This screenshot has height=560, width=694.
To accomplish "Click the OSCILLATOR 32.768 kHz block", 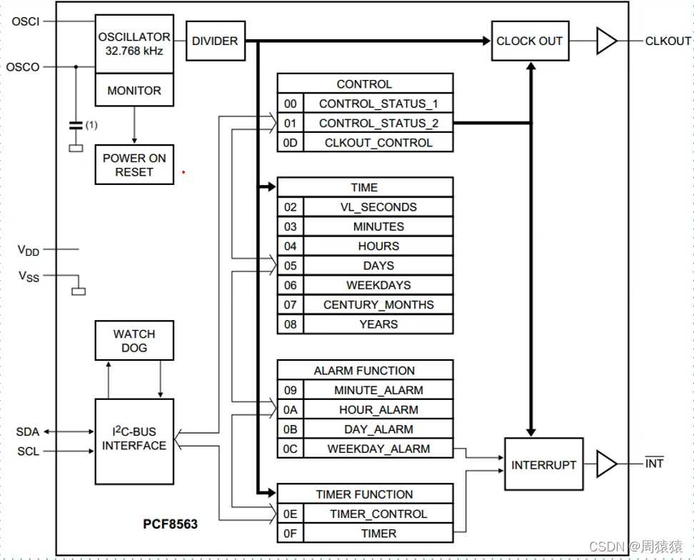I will (134, 44).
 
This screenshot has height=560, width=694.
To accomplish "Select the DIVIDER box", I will (215, 41).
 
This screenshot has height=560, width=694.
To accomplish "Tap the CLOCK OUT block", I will (529, 41).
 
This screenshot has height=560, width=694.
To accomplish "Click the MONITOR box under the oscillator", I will (134, 91).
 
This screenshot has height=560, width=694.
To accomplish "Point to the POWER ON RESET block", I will (134, 165).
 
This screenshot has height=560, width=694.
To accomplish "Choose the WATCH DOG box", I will (134, 340).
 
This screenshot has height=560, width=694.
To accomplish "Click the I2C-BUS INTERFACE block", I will (134, 439).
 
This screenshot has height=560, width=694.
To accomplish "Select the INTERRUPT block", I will (543, 464).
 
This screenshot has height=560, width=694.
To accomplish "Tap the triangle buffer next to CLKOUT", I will (605, 41).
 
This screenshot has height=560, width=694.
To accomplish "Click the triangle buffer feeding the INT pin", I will (605, 464).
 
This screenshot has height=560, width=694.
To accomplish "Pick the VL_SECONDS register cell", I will (378, 207).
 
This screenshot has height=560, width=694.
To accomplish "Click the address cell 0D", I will (290, 143).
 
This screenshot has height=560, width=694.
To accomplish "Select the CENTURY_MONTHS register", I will (378, 305).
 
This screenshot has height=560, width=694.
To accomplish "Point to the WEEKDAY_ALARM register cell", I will (378, 449).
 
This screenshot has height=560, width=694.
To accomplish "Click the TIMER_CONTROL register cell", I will (378, 514).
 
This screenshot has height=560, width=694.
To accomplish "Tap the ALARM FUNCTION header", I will (364, 371).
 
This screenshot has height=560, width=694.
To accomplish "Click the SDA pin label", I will (28, 432).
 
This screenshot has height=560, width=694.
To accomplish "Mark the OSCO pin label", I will (23, 67).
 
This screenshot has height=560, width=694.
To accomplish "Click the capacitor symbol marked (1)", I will (75, 126).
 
